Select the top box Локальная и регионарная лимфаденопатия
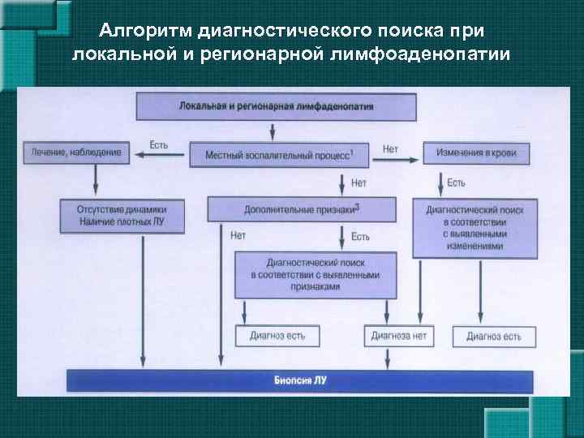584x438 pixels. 276,106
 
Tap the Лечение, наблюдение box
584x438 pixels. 76,152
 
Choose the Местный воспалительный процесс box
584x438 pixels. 278,154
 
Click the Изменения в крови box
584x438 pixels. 470,152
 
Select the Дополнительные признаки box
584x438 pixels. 302,209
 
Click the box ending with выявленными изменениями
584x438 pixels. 474,228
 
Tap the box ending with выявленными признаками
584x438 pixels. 315,275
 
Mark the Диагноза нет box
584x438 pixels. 398,335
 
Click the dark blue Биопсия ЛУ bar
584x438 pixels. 299,380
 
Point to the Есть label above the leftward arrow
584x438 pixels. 159,145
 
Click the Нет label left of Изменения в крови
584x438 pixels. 390,148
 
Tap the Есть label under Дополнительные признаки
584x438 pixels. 360,236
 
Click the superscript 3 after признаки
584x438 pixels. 358,207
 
